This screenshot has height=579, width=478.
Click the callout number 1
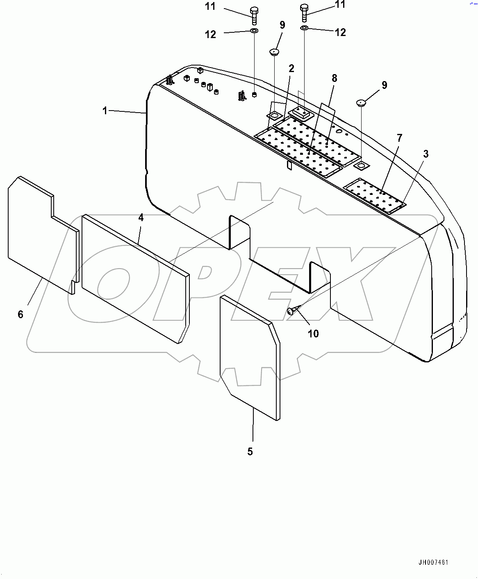[105, 111]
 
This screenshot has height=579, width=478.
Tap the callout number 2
[291, 68]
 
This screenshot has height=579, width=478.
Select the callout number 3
[426, 154]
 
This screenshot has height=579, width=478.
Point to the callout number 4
[141, 217]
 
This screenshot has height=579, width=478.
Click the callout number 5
[250, 451]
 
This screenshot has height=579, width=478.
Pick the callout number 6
[20, 314]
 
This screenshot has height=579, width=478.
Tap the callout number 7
[399, 138]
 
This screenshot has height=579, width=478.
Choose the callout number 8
[335, 78]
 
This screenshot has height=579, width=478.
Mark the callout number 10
[313, 334]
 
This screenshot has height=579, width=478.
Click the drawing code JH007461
[433, 562]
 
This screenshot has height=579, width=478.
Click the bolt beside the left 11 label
[254, 16]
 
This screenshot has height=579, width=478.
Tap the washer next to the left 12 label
[254, 31]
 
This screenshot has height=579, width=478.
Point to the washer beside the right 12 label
[304, 28]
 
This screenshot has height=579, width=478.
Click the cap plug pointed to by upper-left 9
[273, 52]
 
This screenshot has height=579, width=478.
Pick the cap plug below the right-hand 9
[361, 102]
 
